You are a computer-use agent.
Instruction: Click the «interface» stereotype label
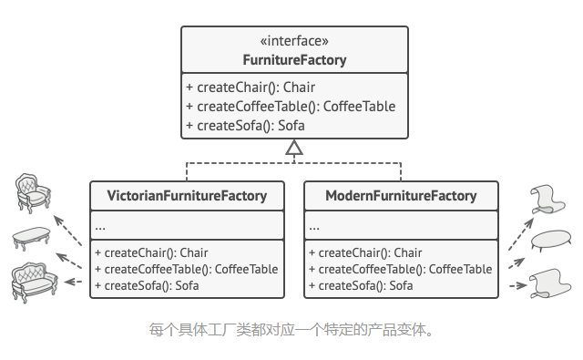point(293,41)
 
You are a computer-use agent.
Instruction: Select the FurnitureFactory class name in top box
point(293,60)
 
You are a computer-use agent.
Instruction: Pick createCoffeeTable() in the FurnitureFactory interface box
point(291,106)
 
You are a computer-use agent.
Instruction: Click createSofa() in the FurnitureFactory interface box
point(245,125)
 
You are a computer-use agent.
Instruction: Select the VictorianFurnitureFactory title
point(187,196)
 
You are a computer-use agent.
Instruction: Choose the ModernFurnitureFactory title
point(401,196)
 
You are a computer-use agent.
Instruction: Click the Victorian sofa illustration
point(33,280)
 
